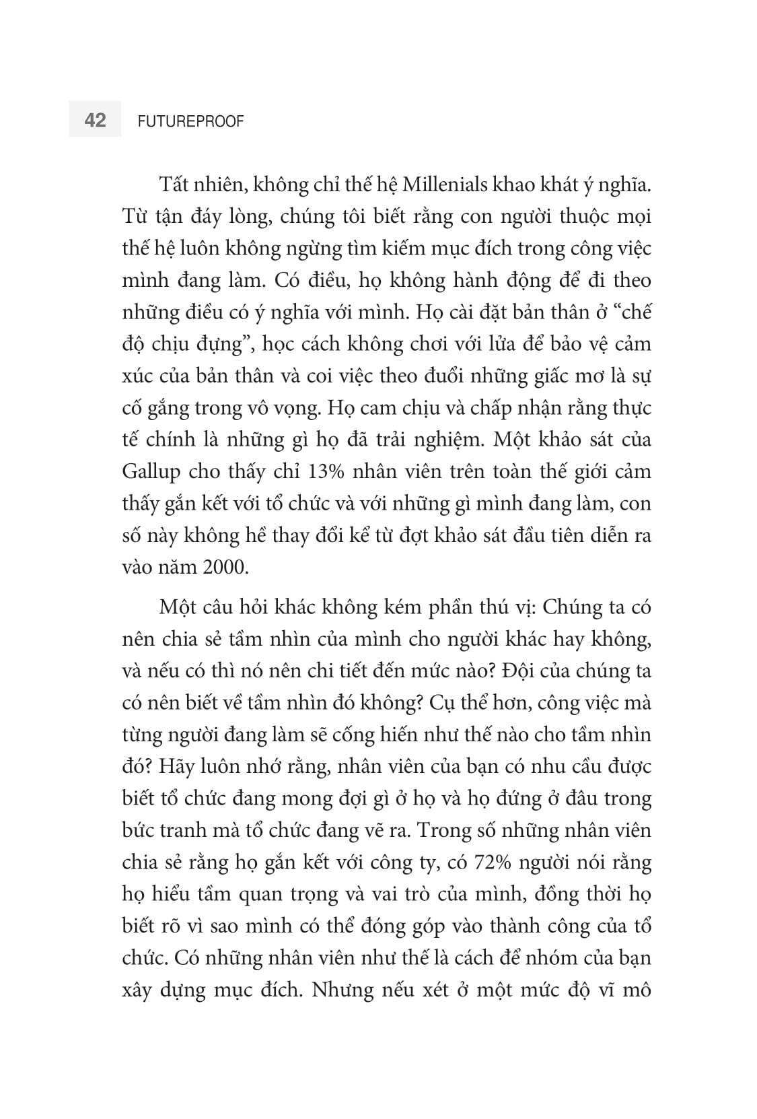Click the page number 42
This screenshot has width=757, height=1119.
point(95,121)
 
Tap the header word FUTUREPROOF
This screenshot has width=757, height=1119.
point(190,122)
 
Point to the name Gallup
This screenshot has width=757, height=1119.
point(151,472)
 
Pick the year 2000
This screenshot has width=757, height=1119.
point(224,567)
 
